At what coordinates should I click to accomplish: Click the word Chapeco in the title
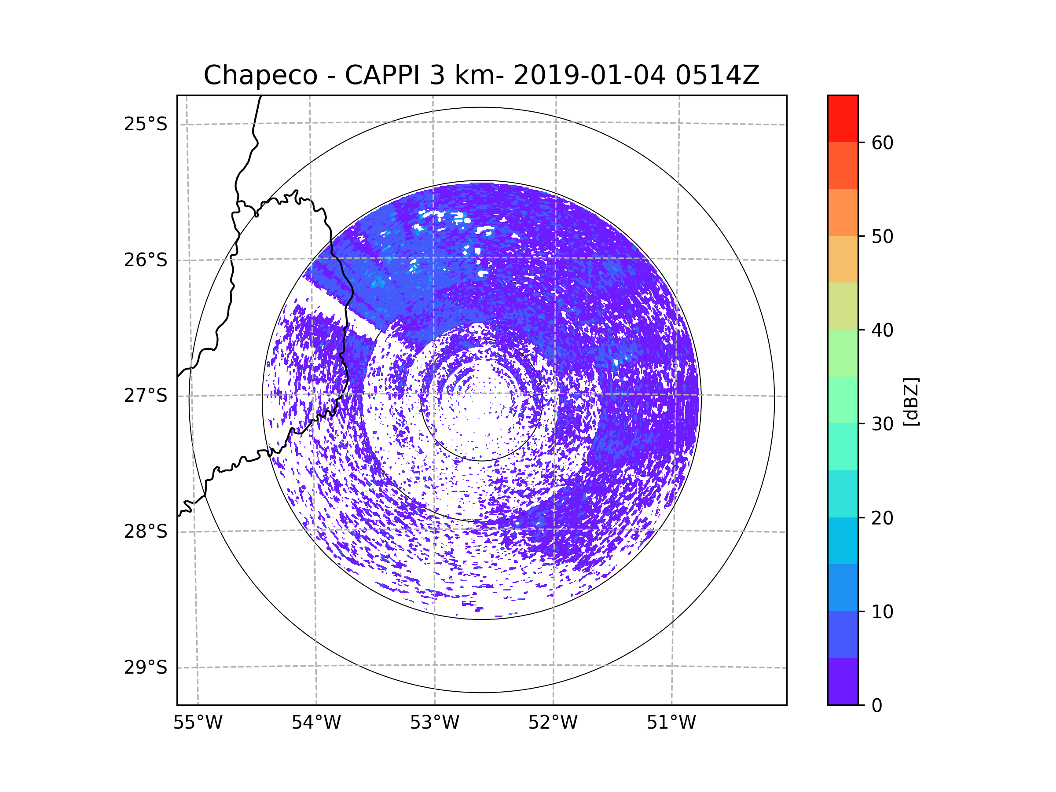click(x=260, y=75)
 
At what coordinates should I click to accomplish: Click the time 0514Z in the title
click(x=717, y=75)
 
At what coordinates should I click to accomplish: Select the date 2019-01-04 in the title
click(x=589, y=75)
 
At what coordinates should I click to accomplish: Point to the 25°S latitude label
click(x=146, y=124)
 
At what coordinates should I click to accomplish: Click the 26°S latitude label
click(x=146, y=260)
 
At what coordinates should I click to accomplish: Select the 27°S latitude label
click(x=146, y=396)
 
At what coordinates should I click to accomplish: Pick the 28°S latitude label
click(x=146, y=532)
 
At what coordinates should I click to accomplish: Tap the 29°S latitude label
click(x=146, y=667)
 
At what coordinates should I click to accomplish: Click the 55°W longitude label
click(x=198, y=723)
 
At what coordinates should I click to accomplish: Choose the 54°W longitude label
click(x=316, y=723)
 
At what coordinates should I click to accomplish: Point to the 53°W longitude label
click(x=434, y=723)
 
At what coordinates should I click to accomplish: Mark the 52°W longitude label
click(x=553, y=723)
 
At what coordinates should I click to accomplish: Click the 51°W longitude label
click(x=671, y=723)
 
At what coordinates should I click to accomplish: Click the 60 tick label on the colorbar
click(x=882, y=143)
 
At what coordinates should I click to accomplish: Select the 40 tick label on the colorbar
click(x=882, y=330)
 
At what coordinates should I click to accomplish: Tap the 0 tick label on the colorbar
click(x=877, y=706)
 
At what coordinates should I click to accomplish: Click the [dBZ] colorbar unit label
click(x=911, y=401)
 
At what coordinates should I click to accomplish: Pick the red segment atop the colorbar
click(x=843, y=118)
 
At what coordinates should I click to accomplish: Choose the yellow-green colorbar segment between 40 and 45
click(x=843, y=306)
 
